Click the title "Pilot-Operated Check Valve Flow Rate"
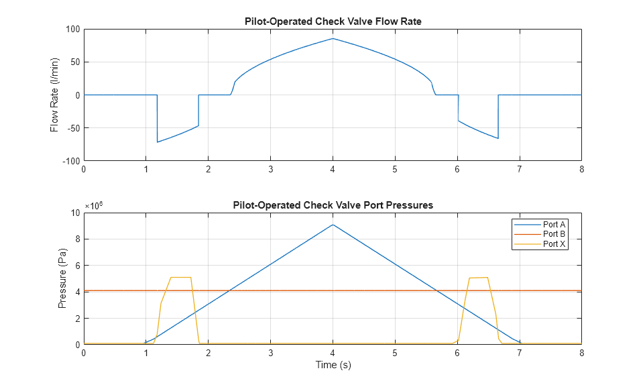[x=333, y=22]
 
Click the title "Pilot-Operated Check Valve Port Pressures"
[x=333, y=205]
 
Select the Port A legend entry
[x=554, y=223]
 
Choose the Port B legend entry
[x=554, y=234]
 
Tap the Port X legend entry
[x=554, y=244]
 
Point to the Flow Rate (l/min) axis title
[x=55, y=95]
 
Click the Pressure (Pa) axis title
[x=62, y=278]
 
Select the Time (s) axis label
[x=333, y=366]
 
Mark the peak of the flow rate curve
[x=333, y=38]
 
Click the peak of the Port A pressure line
[x=333, y=225]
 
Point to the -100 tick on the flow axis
[x=70, y=161]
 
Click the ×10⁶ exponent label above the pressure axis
[x=93, y=206]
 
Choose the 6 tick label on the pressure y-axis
[x=77, y=265]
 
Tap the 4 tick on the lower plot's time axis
[x=333, y=353]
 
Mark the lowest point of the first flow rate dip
[x=158, y=142]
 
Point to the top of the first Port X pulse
[x=181, y=277]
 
